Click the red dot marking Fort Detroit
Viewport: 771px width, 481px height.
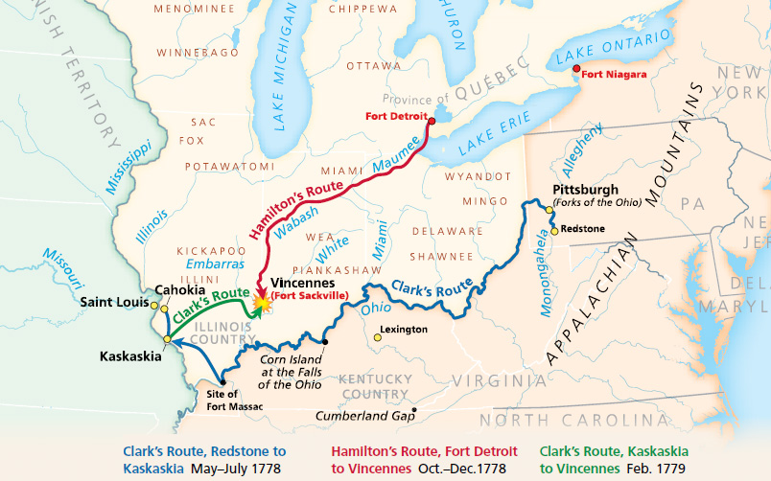[x=432, y=122]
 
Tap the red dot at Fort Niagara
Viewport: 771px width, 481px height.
[x=575, y=68]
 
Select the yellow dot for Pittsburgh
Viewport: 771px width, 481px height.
[x=549, y=208]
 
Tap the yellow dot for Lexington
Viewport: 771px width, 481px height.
[x=375, y=336]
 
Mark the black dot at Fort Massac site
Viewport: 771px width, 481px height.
[x=222, y=380]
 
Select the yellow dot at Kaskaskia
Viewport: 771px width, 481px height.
[x=167, y=339]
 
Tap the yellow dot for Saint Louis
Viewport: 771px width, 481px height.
[x=152, y=304]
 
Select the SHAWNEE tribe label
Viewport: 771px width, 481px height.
[x=440, y=256]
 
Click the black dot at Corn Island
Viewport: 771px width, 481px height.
[x=326, y=342]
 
